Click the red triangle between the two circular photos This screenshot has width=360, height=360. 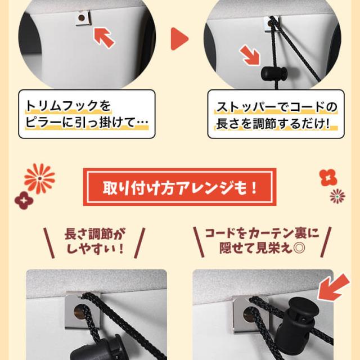coord(179,39)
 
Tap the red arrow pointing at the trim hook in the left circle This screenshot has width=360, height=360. coord(104,38)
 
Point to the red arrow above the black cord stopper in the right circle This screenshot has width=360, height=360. coord(249,55)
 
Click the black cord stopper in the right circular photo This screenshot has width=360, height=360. coord(274,73)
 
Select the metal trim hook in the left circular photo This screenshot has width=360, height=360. coord(83,18)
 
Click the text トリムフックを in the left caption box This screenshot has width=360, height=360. coord(68,106)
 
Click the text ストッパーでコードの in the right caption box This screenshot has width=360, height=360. coord(276,106)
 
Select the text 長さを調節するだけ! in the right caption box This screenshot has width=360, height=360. coord(273,124)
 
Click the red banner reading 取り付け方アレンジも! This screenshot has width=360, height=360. coord(179,187)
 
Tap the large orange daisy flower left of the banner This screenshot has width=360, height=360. coord(40,178)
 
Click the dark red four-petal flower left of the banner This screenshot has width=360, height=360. coord(24,200)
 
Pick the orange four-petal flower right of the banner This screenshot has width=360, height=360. coord(328,178)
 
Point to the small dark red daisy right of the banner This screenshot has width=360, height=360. coord(337,196)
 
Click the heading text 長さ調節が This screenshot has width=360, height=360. coord(95,234)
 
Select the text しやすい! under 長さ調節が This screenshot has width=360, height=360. coord(95,249)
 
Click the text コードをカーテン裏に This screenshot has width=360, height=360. coord(262,233)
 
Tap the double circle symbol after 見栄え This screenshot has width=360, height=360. coord(299,248)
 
